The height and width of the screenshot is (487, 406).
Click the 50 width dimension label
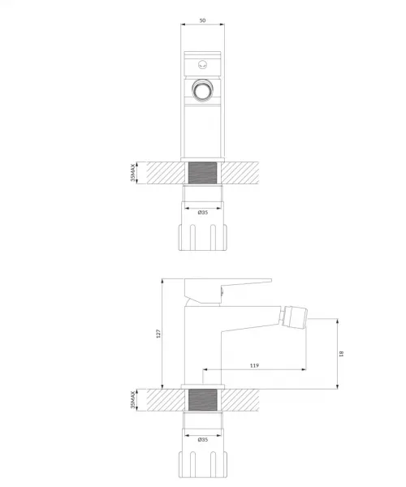click(x=202, y=20)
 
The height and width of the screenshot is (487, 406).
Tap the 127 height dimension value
click(x=158, y=334)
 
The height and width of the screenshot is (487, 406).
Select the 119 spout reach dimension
click(x=254, y=365)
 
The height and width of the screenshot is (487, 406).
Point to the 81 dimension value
click(x=341, y=354)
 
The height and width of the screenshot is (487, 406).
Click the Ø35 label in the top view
click(x=202, y=213)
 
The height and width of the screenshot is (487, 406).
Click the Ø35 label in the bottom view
click(x=202, y=439)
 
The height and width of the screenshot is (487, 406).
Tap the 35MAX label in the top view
click(x=133, y=173)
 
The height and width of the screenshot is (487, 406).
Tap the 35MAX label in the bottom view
click(x=133, y=399)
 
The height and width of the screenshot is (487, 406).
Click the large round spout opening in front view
click(x=202, y=90)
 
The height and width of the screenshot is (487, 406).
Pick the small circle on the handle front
click(x=202, y=65)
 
